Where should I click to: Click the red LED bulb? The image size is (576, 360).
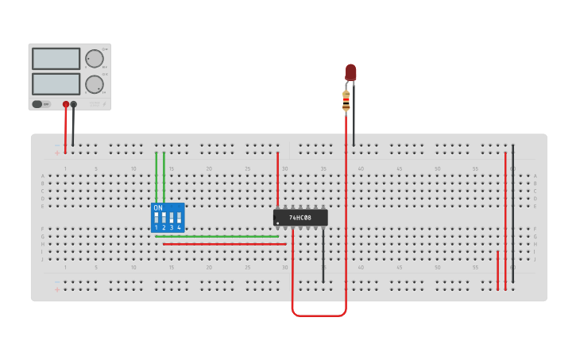click(350, 72)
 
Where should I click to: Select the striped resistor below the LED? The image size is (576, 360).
click(346, 100)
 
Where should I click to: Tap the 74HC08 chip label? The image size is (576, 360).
click(300, 217)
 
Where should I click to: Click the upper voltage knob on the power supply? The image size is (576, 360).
click(94, 58)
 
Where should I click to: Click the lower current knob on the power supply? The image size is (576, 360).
click(94, 84)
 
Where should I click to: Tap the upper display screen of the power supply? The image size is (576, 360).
click(56, 58)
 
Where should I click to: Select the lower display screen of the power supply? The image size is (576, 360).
click(56, 83)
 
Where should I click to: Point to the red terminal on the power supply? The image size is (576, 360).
click(66, 104)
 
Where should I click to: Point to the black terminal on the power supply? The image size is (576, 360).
click(74, 104)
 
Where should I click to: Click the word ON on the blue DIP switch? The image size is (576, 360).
click(158, 208)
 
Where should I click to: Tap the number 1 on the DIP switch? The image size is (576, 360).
click(157, 228)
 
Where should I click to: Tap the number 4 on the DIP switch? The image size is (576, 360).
click(179, 228)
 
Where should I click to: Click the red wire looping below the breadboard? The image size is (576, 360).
click(319, 315)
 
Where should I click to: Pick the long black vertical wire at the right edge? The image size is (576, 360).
click(512, 215)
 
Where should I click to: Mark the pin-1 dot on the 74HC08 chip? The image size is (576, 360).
click(277, 223)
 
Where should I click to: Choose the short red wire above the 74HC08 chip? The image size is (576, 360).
click(277, 179)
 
